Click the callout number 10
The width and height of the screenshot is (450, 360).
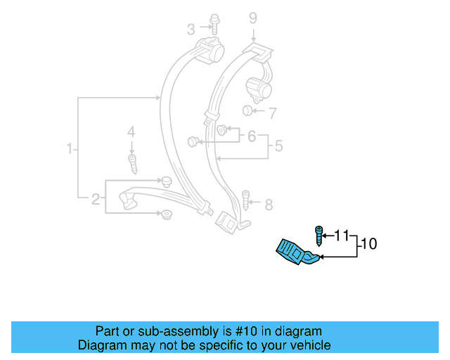(368, 245)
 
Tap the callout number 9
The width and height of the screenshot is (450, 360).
(253, 18)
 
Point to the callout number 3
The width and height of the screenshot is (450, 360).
(191, 29)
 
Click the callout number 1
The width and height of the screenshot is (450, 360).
(70, 148)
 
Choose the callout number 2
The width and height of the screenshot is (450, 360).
(96, 200)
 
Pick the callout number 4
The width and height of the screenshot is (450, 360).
(130, 131)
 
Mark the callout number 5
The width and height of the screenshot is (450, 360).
(278, 146)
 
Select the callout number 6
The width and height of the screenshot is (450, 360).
(251, 136)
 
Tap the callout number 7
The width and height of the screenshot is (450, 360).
(273, 112)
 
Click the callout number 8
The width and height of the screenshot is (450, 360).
(268, 205)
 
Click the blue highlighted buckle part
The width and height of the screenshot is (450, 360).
(295, 253)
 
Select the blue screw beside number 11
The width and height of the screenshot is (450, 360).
(319, 235)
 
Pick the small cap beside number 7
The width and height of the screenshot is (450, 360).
(247, 111)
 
